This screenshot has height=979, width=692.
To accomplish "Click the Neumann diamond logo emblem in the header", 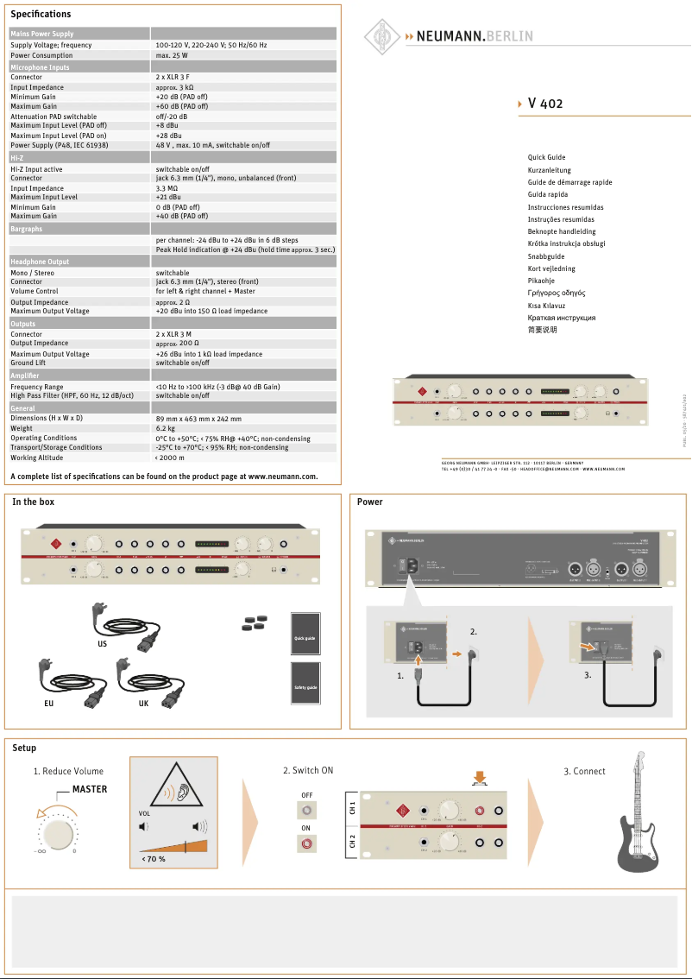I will (381, 36).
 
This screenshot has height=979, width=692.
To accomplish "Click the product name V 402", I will (544, 104).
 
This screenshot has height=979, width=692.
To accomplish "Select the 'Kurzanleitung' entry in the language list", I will (549, 170).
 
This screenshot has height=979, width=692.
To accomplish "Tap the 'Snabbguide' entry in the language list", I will (546, 256).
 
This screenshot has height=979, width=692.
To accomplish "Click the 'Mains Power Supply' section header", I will (42, 34).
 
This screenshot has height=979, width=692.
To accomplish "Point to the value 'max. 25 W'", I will (172, 55).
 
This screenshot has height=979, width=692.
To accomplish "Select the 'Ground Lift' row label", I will (28, 363).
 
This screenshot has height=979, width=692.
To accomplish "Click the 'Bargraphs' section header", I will (26, 230).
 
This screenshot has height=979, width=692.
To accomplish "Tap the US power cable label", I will (102, 643).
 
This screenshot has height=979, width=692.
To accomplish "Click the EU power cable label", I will (48, 704).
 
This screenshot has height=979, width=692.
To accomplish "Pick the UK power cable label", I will (143, 704).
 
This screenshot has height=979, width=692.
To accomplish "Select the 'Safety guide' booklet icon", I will (305, 685).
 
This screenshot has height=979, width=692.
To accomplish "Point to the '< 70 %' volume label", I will (154, 859).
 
